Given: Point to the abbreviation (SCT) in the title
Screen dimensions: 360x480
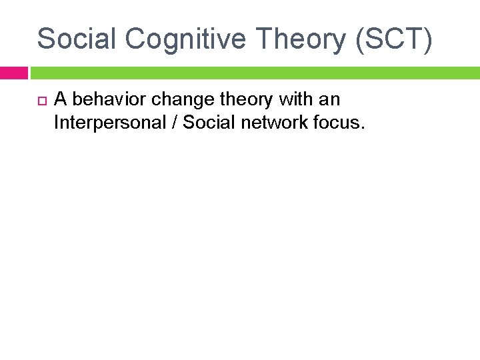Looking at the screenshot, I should pos(395,40).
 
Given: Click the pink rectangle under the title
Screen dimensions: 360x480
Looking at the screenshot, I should pos(13,73).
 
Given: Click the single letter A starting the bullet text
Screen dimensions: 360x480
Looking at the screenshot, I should pos(60,100).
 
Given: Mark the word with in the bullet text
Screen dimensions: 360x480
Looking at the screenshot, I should pos(295,100).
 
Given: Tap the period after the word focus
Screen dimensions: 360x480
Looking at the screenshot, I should pos(363,128).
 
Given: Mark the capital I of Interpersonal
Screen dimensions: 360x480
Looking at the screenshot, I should pos(57,123).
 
